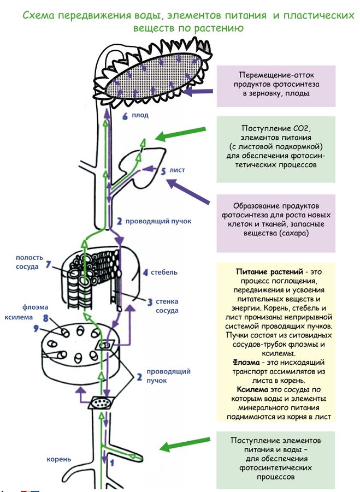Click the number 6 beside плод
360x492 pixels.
(125, 116)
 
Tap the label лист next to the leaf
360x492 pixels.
(177, 170)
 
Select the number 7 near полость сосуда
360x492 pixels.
(49, 265)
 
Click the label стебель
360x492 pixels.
(162, 272)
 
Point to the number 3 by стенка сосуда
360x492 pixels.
(150, 301)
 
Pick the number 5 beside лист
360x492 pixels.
(163, 171)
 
